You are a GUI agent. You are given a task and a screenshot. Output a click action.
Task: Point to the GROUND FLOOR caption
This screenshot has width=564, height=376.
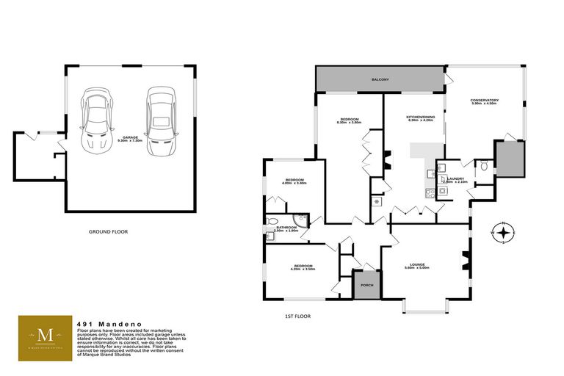pyautogui.click(x=108, y=231)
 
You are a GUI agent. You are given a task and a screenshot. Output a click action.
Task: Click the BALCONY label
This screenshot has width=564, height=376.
pyautogui.click(x=380, y=79)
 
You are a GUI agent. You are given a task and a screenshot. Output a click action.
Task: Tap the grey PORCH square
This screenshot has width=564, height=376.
pyautogui.click(x=365, y=285)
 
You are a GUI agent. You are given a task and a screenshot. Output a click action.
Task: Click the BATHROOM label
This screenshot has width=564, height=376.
pyautogui.click(x=286, y=228)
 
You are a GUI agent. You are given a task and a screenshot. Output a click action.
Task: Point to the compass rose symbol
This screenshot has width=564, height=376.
pyautogui.click(x=503, y=233)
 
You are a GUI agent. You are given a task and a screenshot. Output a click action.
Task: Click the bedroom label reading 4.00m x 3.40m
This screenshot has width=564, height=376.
pyautogui.click(x=294, y=181)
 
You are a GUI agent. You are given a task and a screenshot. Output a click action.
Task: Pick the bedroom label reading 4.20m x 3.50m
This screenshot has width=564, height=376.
pyautogui.click(x=303, y=267)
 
